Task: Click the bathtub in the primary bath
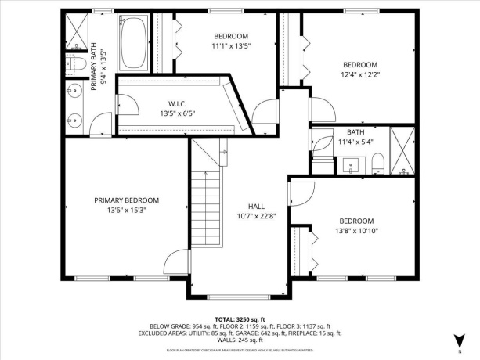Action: pyautogui.click(x=135, y=41)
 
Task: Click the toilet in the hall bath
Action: pyautogui.click(x=377, y=163)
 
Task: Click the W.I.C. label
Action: pyautogui.click(x=177, y=103)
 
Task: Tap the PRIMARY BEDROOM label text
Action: pyautogui.click(x=126, y=200)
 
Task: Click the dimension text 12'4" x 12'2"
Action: pyautogui.click(x=360, y=75)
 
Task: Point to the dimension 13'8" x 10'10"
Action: pyautogui.click(x=356, y=231)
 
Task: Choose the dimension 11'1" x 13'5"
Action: pyautogui.click(x=231, y=46)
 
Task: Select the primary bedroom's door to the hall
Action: pyautogui.click(x=177, y=262)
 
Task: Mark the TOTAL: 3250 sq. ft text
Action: pyautogui.click(x=240, y=319)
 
